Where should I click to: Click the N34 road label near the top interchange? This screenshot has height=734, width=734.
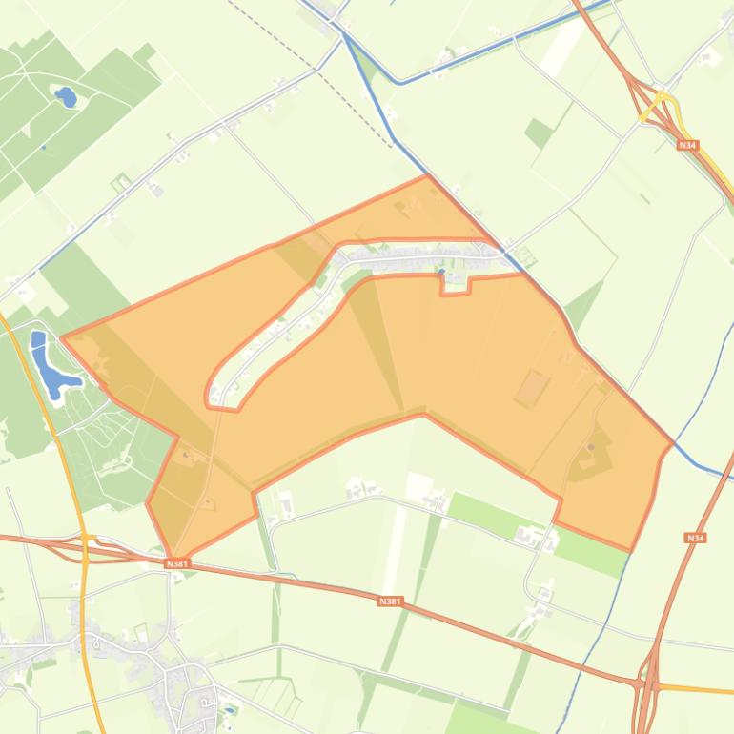click(687, 145)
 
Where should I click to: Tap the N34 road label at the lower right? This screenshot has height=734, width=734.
click(695, 539)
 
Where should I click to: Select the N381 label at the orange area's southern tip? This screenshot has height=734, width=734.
click(177, 564)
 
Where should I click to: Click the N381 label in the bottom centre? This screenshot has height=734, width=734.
click(390, 601)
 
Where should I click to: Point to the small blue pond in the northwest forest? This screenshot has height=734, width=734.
click(66, 96)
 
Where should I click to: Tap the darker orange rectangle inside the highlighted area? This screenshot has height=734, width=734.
click(532, 389)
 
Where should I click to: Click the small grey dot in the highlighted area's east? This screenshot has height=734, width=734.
click(591, 447)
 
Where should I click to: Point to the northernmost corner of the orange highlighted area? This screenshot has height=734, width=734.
click(428, 175)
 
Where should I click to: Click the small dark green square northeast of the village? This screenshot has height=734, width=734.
click(539, 133)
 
